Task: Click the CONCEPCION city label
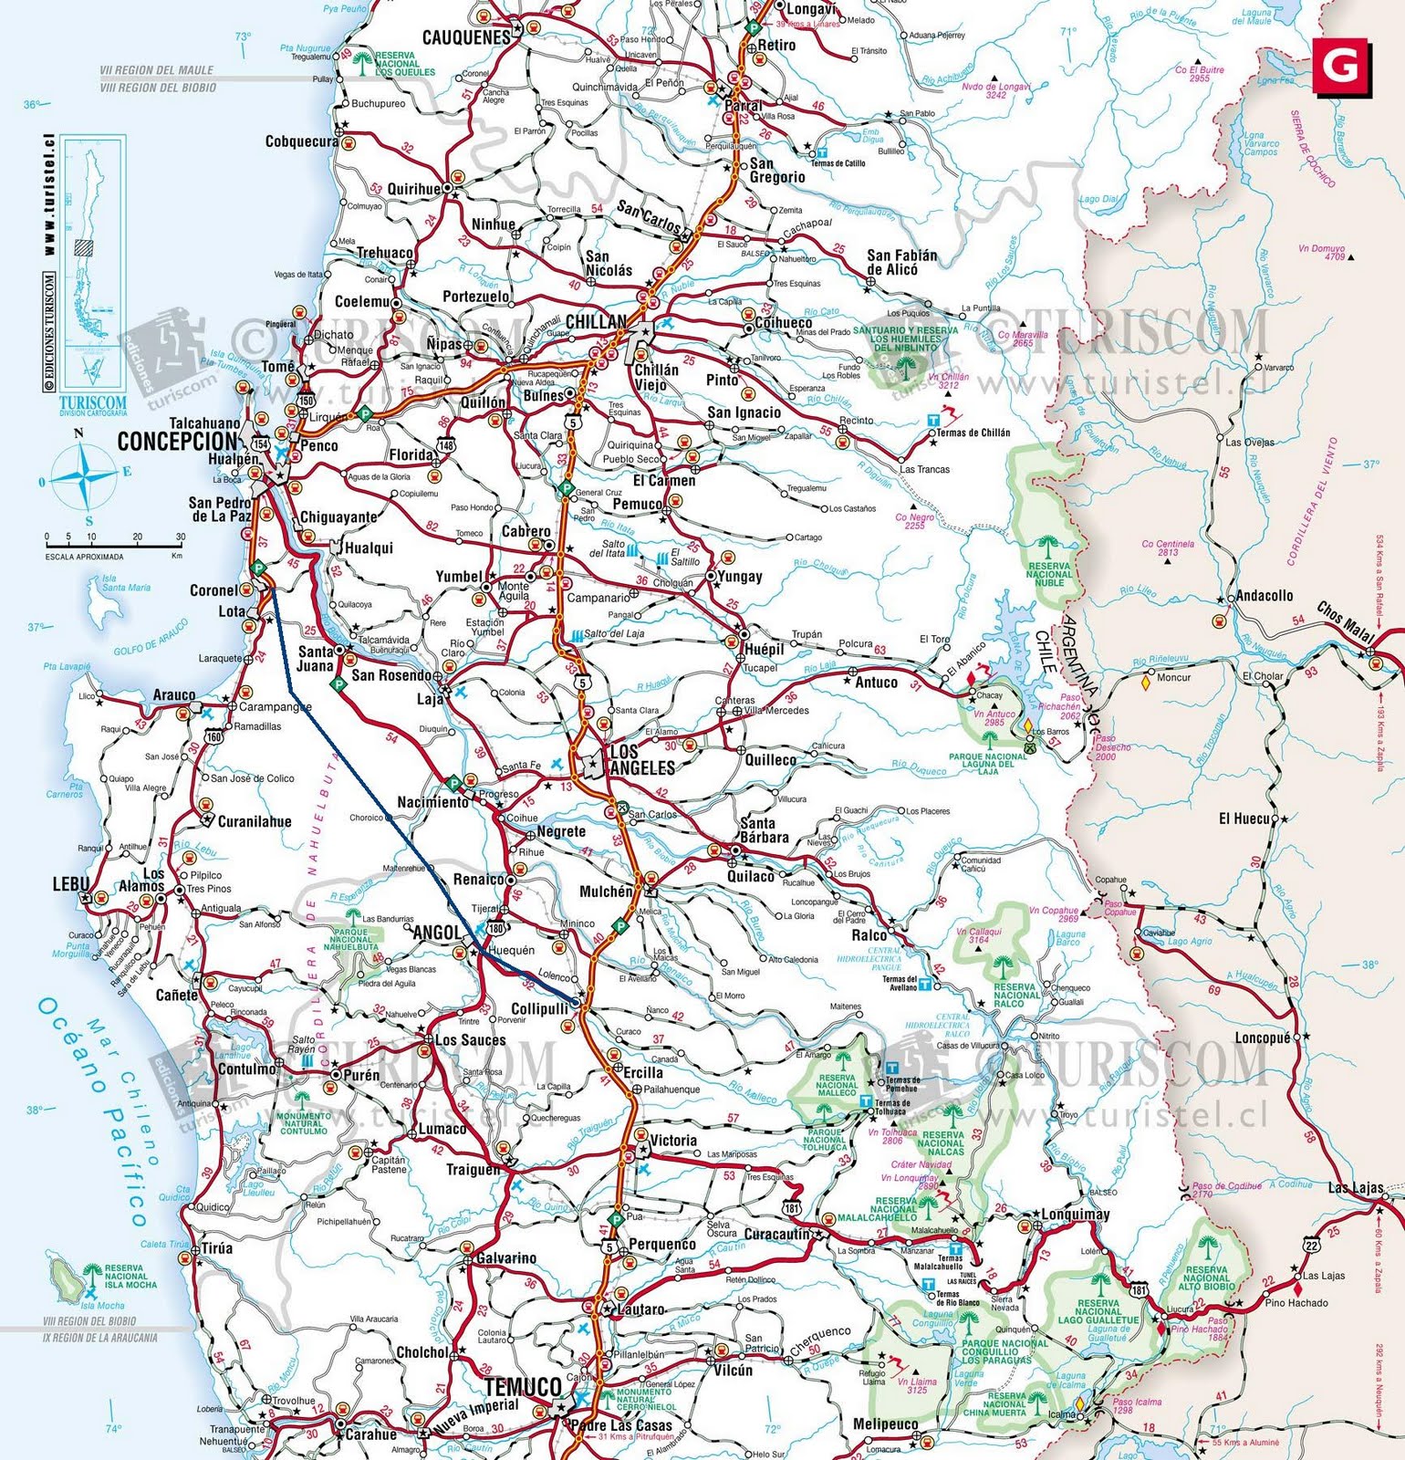click(177, 442)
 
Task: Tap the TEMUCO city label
click(524, 1387)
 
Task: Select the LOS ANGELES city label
click(641, 759)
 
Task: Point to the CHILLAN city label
click(597, 321)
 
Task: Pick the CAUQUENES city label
click(465, 37)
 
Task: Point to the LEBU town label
click(70, 883)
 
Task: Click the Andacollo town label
click(1264, 595)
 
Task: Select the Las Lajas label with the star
click(1354, 1188)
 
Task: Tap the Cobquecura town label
click(301, 141)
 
